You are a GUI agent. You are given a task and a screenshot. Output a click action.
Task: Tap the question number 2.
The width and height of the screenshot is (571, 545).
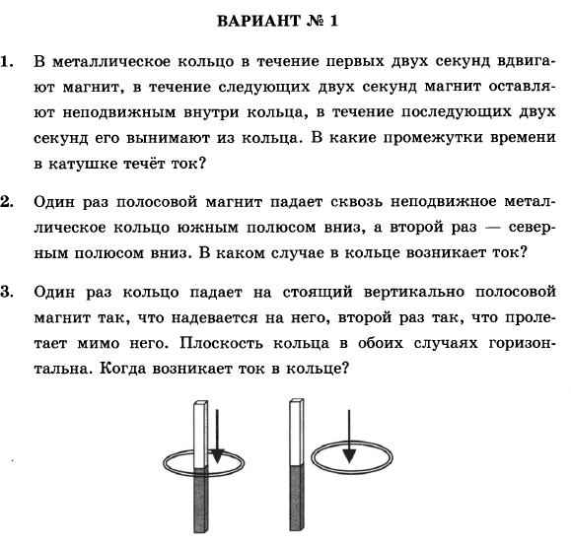[x=9, y=202]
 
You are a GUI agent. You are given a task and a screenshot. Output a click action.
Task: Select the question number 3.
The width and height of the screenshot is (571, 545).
[x=9, y=292]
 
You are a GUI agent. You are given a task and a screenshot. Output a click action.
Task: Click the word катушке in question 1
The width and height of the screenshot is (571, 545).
[x=85, y=159]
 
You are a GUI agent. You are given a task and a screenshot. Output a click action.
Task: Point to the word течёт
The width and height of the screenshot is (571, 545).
[x=151, y=159]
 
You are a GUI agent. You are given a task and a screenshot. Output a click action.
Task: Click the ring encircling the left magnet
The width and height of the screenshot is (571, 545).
[x=169, y=463]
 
